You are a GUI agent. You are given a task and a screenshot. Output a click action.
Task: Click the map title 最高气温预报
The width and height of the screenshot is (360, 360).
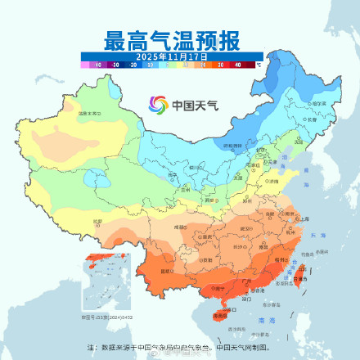171,38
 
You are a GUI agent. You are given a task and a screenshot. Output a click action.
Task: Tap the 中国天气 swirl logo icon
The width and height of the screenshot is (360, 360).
157,105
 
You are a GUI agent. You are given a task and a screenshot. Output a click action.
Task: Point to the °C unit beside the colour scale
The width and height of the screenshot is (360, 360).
259,62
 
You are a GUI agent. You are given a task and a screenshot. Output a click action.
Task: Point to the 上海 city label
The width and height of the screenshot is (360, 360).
304,219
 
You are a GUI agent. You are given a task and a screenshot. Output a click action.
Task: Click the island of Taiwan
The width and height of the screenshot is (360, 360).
299,273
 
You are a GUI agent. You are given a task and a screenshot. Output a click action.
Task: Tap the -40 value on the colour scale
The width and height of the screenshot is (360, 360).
98,63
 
